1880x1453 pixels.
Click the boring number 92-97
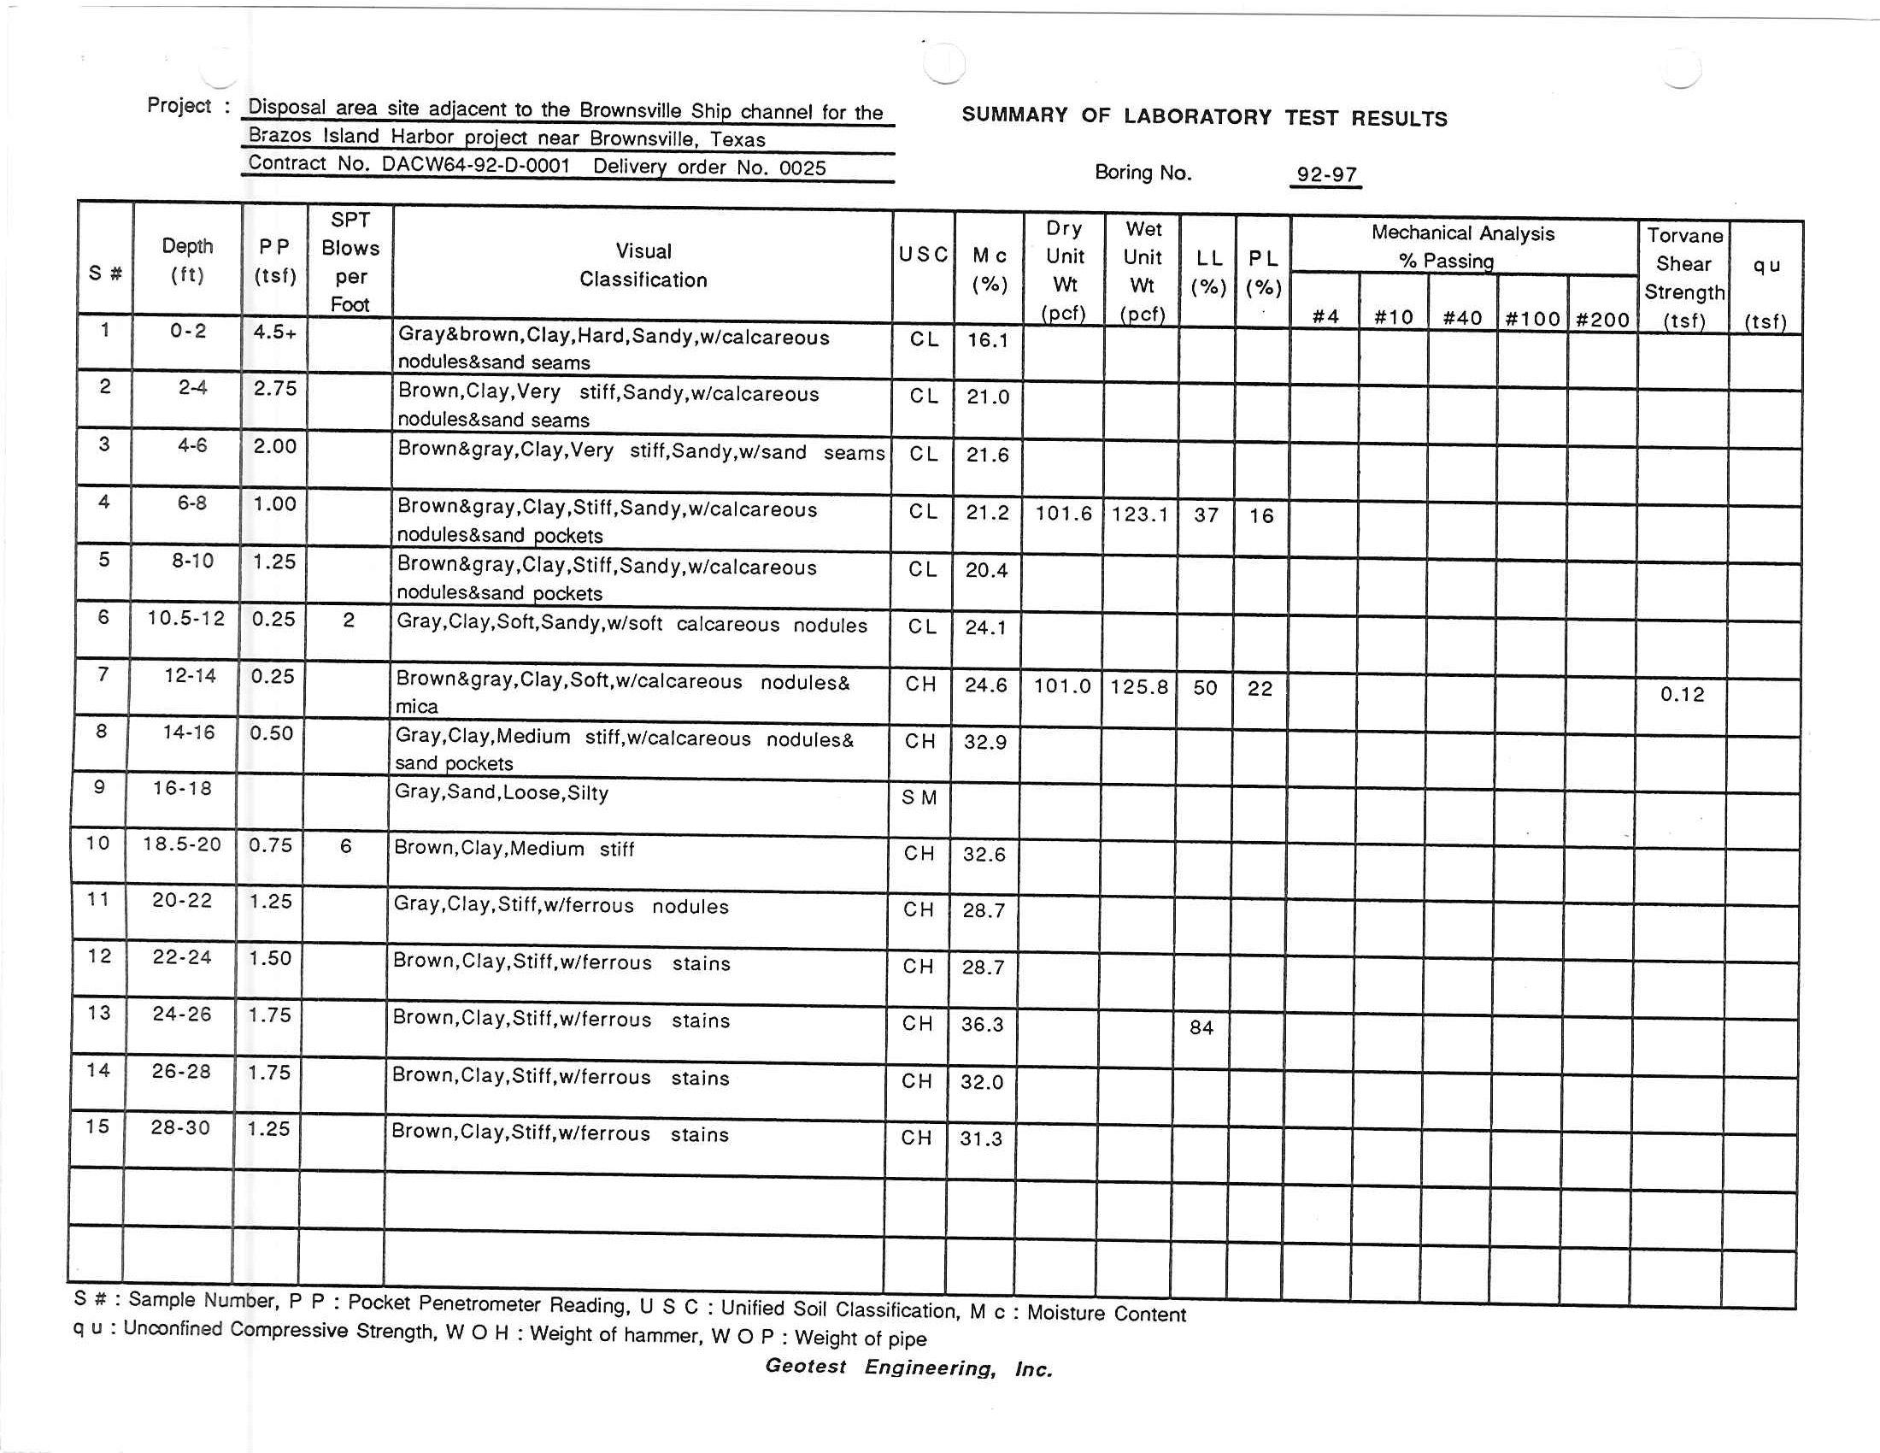(x=1325, y=174)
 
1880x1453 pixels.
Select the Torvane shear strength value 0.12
(x=1681, y=694)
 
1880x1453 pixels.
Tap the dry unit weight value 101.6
(x=1062, y=514)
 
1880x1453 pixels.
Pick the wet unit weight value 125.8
(x=1139, y=687)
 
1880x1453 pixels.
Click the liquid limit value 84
(x=1201, y=1027)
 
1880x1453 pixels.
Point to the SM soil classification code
(x=919, y=798)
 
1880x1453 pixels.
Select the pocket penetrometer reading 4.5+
(x=274, y=332)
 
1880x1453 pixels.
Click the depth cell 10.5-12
(x=186, y=618)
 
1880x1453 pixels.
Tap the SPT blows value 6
(x=346, y=846)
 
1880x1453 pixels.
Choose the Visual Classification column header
(x=643, y=265)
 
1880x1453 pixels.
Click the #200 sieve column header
(x=1602, y=320)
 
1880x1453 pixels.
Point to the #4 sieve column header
(x=1325, y=317)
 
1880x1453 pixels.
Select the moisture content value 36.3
(x=982, y=1024)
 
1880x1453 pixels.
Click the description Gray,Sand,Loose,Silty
(x=502, y=792)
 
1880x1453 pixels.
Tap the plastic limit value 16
(x=1261, y=515)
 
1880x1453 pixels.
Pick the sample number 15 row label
(x=97, y=1126)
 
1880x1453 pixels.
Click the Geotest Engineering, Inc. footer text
(x=909, y=1367)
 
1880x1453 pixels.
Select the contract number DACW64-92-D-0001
(x=475, y=164)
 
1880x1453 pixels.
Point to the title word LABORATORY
(x=1197, y=116)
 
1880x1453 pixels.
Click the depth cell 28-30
(x=180, y=1127)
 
